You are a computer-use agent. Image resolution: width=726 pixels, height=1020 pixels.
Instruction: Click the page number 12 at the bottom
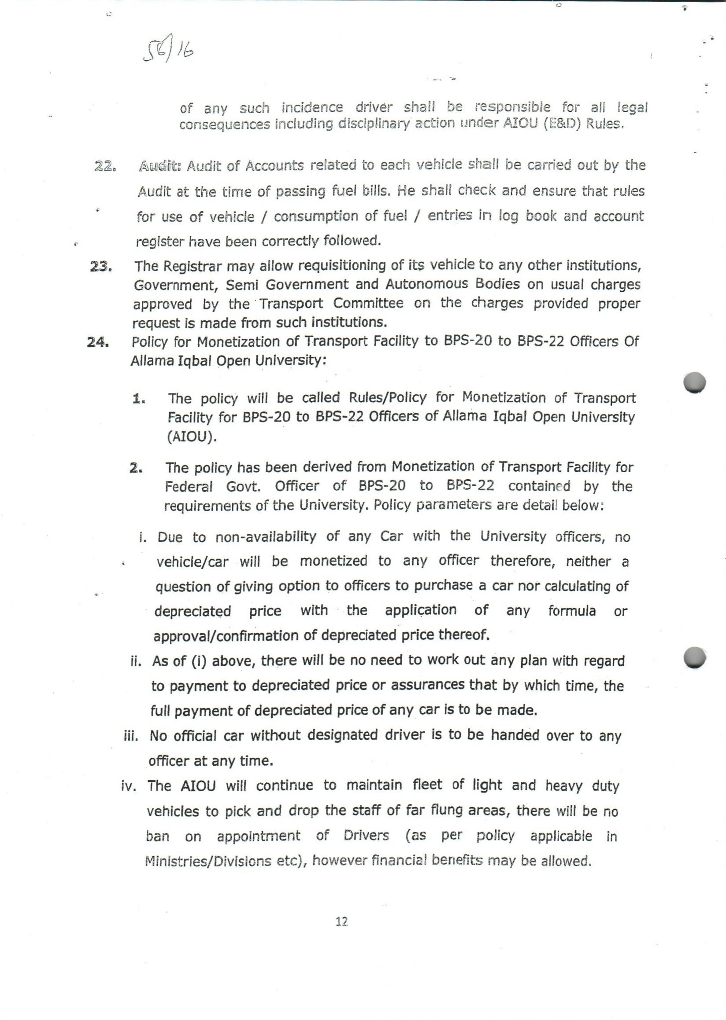(341, 921)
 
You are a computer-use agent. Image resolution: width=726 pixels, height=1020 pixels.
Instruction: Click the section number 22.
(105, 167)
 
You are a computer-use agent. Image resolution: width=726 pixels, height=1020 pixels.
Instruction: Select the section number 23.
(100, 268)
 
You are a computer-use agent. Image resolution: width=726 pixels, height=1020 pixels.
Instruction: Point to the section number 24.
(98, 342)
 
